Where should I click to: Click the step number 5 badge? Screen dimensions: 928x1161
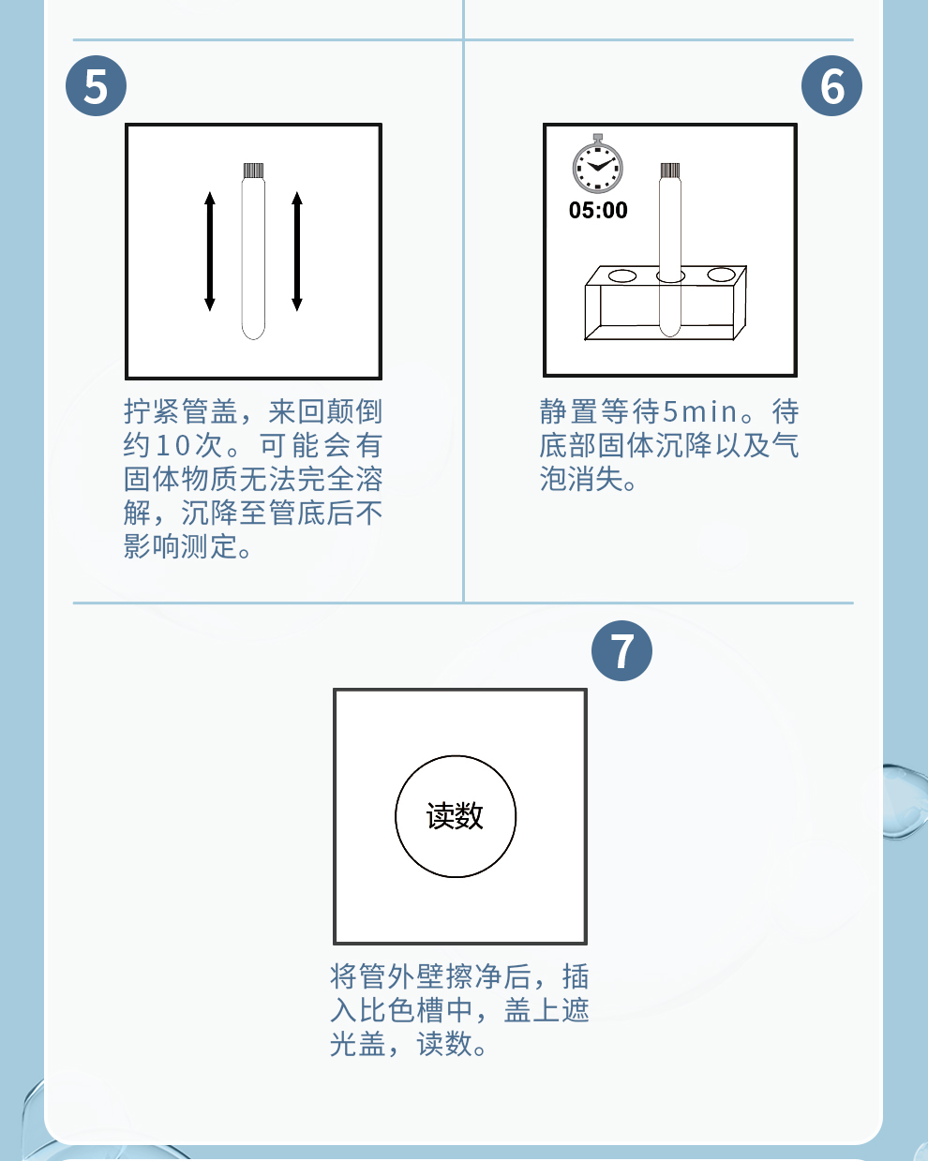(x=97, y=86)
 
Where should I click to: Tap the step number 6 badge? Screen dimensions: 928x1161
(x=831, y=86)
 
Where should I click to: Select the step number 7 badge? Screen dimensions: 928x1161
(x=621, y=650)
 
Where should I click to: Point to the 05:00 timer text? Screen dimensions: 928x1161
(x=598, y=211)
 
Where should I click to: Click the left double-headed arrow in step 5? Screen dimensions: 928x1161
(x=210, y=251)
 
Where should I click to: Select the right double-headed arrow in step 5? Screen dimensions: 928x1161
(x=297, y=251)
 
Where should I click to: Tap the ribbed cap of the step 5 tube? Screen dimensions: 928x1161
(x=253, y=171)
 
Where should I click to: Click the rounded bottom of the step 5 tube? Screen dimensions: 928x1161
(x=253, y=330)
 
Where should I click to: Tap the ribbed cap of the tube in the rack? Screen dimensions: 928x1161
(x=670, y=171)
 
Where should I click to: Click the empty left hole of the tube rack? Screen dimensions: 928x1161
(x=621, y=275)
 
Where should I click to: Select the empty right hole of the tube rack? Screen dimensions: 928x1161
(x=721, y=274)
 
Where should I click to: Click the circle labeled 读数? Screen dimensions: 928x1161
(x=456, y=816)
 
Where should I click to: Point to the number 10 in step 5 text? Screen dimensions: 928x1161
(x=172, y=446)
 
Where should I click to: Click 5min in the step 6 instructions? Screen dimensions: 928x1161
(x=699, y=411)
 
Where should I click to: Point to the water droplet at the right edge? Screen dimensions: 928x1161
(x=906, y=800)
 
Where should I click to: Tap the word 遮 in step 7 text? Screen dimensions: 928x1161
(x=576, y=1010)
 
